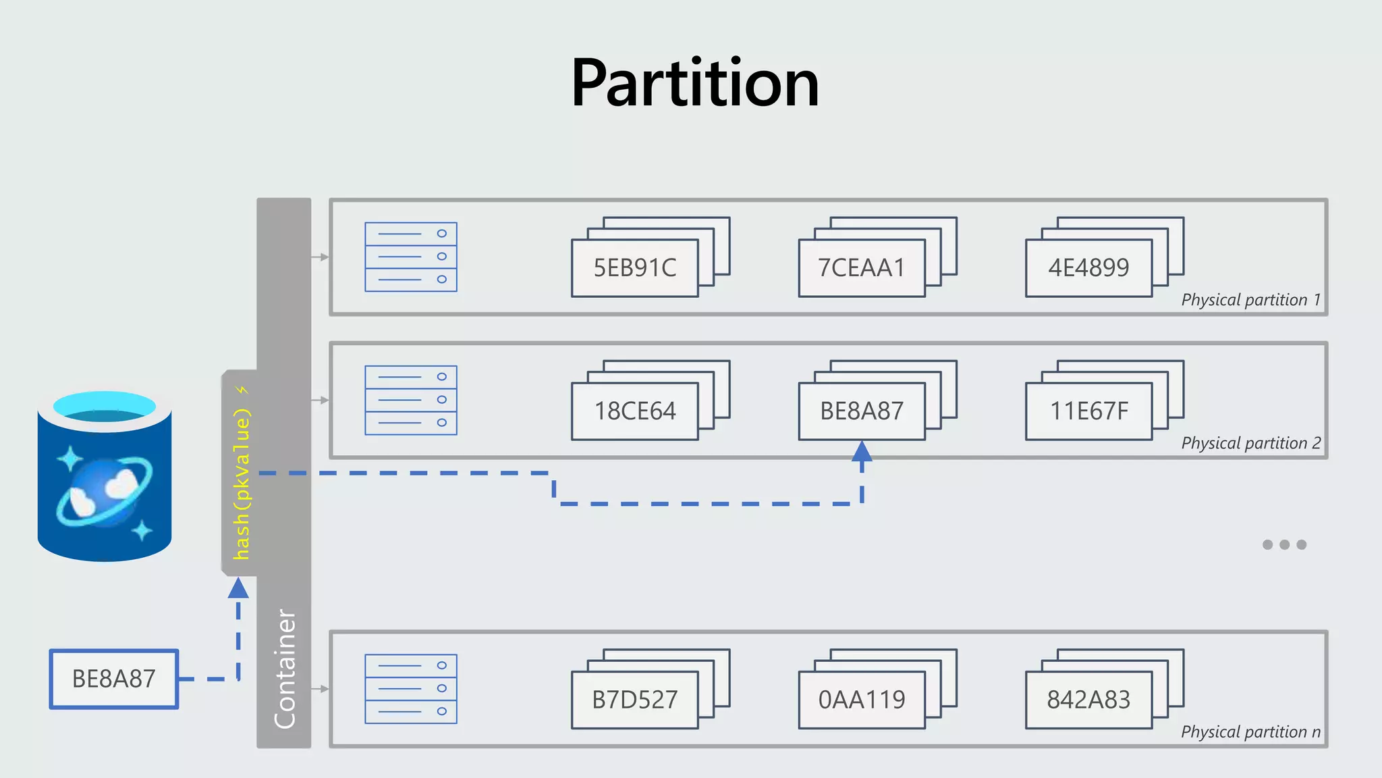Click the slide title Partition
(x=695, y=84)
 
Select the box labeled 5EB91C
(x=634, y=268)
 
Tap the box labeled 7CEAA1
(x=861, y=268)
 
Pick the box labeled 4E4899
(x=1088, y=268)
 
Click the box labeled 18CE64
(x=634, y=411)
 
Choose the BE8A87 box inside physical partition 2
(x=861, y=411)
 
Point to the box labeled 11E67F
(x=1088, y=411)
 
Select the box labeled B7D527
(x=634, y=700)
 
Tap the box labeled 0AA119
(x=861, y=700)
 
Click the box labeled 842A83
(x=1088, y=700)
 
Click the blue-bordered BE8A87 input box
(x=114, y=679)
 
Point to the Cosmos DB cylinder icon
(x=105, y=476)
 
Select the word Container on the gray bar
(x=285, y=669)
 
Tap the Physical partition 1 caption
(x=1250, y=300)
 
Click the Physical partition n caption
(x=1250, y=732)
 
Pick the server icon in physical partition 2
(x=410, y=400)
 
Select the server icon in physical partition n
(x=410, y=689)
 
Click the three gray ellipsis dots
(x=1284, y=544)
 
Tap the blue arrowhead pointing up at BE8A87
(x=862, y=452)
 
